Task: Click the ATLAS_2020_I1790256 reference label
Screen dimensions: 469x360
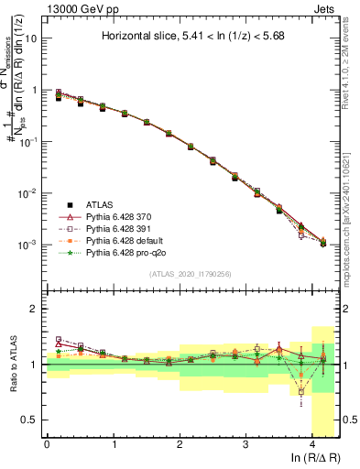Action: click(x=190, y=274)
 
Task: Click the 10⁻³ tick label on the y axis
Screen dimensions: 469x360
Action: click(x=27, y=245)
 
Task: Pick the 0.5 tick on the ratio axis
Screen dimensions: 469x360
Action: click(x=29, y=420)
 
